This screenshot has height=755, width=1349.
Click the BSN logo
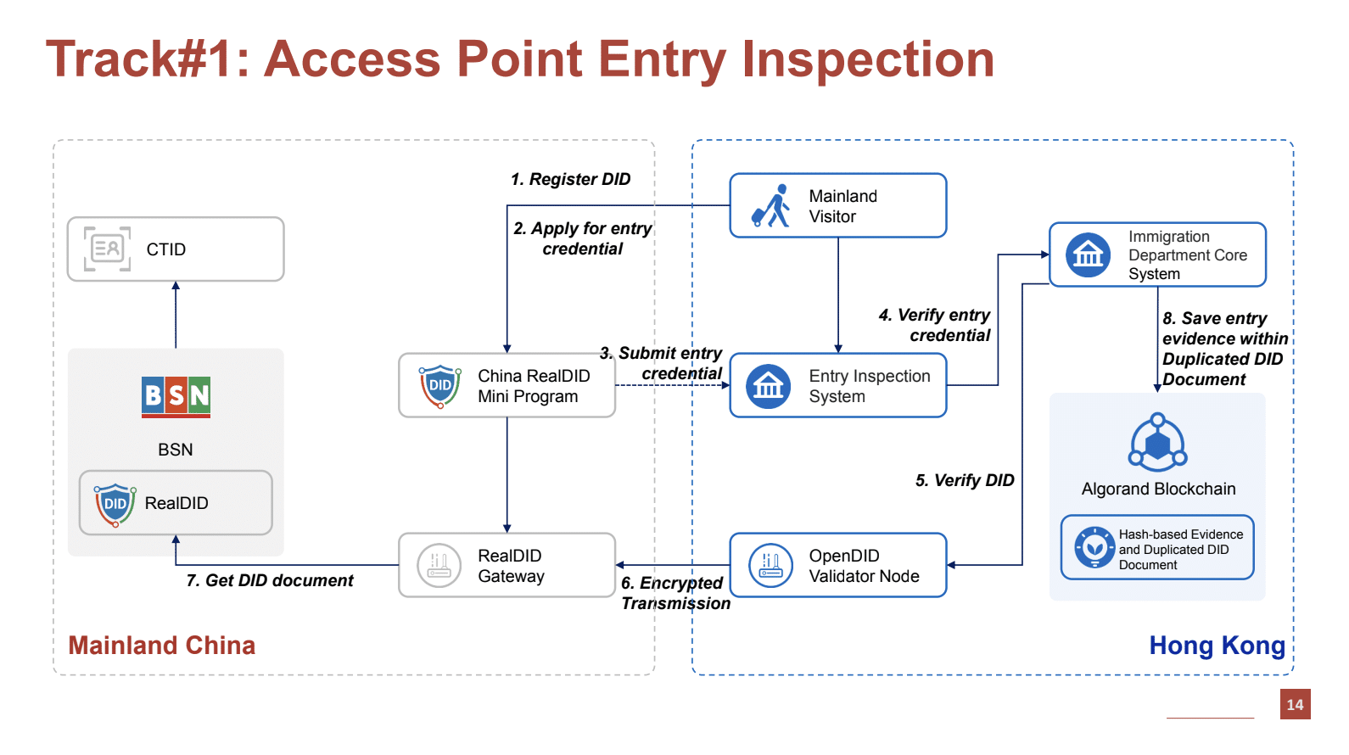(x=176, y=397)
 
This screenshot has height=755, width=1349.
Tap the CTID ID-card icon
(x=108, y=249)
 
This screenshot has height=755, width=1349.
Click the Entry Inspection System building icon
(x=768, y=386)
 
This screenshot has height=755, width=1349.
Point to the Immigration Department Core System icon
(x=1088, y=254)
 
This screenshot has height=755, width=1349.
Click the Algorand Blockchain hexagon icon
(x=1157, y=442)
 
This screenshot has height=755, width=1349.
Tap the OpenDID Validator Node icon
(x=770, y=565)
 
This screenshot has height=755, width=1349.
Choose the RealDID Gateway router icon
(x=439, y=565)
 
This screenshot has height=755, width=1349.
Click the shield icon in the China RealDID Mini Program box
(x=439, y=386)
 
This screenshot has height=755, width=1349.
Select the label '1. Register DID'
(x=570, y=179)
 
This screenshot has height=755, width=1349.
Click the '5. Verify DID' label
(x=965, y=480)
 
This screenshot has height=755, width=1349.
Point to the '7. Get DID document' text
(x=270, y=580)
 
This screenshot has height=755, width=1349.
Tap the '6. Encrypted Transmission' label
(x=674, y=593)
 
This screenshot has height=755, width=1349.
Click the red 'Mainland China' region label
(x=161, y=646)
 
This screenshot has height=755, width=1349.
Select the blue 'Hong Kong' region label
(x=1217, y=646)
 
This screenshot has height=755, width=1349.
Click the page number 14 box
(x=1295, y=704)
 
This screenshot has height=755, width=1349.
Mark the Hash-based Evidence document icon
(x=1094, y=548)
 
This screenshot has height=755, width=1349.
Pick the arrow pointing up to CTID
(x=176, y=314)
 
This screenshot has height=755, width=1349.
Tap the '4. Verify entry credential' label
(x=935, y=325)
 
